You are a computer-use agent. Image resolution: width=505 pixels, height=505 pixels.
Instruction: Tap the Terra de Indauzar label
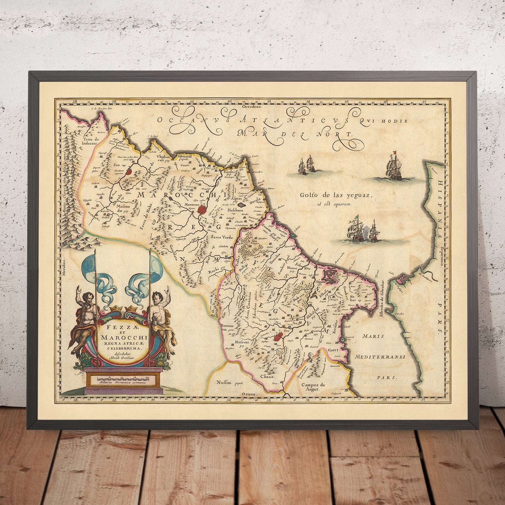point(87,142)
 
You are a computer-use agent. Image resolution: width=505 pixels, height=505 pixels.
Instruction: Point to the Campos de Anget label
point(310,387)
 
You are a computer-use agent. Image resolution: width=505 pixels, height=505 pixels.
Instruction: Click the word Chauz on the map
point(268,377)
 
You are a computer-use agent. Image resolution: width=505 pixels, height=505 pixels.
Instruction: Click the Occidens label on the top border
point(252,107)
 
